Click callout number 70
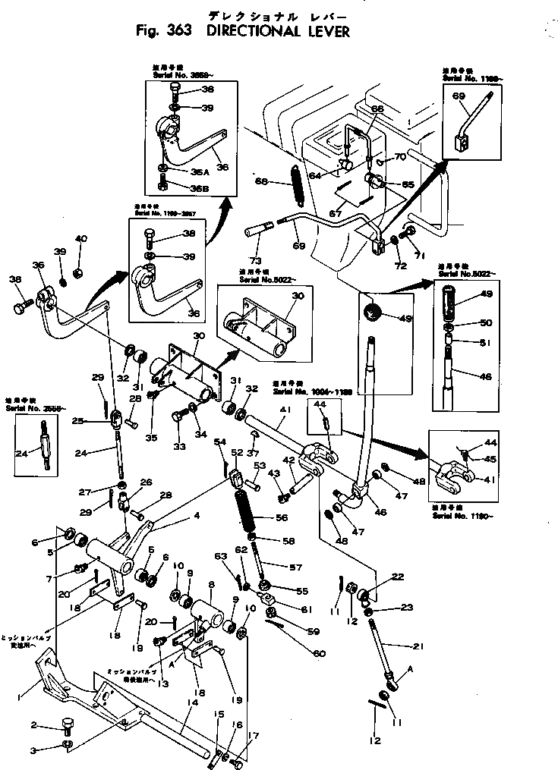(x=400, y=158)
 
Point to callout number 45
(x=491, y=457)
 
